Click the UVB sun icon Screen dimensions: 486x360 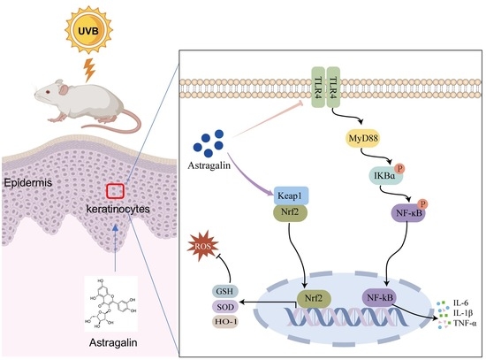point(88,30)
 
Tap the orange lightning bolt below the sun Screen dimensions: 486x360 point(90,70)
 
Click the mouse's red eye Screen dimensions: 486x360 point(48,92)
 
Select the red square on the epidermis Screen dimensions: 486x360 point(116,191)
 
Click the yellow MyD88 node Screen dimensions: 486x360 point(363,138)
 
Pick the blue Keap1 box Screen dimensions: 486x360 point(291,195)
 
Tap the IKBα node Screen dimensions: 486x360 point(384,176)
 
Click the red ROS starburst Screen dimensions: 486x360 point(203,247)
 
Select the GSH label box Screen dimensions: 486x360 point(224,291)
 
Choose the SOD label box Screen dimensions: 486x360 point(224,307)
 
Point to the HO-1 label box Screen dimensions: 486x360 point(224,322)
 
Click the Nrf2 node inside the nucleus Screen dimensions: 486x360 point(314,298)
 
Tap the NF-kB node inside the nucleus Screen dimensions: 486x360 point(380,297)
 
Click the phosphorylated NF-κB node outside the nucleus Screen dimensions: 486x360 point(409,212)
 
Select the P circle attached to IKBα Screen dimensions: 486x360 point(400,169)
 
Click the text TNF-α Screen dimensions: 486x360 point(465,323)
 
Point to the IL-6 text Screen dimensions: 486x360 point(461,303)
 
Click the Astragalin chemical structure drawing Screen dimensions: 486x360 point(111,303)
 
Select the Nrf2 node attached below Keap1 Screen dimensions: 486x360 point(290,212)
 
